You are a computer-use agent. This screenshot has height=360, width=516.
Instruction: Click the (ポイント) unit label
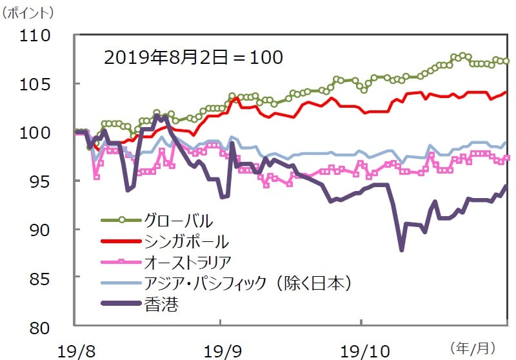coord(28,12)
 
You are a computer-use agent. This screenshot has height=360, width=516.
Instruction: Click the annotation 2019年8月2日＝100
coord(193,57)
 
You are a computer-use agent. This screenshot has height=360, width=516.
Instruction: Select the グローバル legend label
coord(180,221)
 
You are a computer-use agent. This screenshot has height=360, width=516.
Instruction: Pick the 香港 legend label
coord(161,303)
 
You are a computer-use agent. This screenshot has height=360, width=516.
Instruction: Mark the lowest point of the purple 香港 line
coord(401,250)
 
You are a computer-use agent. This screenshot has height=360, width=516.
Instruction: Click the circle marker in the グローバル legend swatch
coord(121,221)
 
